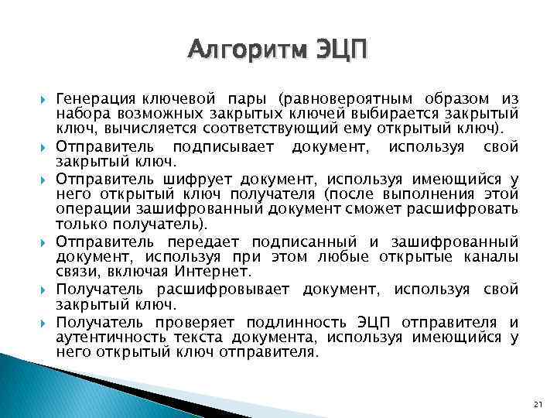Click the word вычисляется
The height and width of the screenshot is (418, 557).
pyautogui.click(x=132, y=127)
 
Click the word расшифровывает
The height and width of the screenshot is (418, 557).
pyautogui.click(x=225, y=290)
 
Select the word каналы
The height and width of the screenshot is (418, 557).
pyautogui.click(x=492, y=257)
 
